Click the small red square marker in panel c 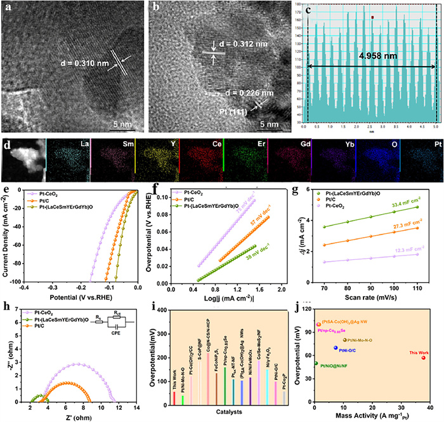point(373,18)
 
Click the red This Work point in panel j point(424,358)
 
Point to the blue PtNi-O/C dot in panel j point(336,348)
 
